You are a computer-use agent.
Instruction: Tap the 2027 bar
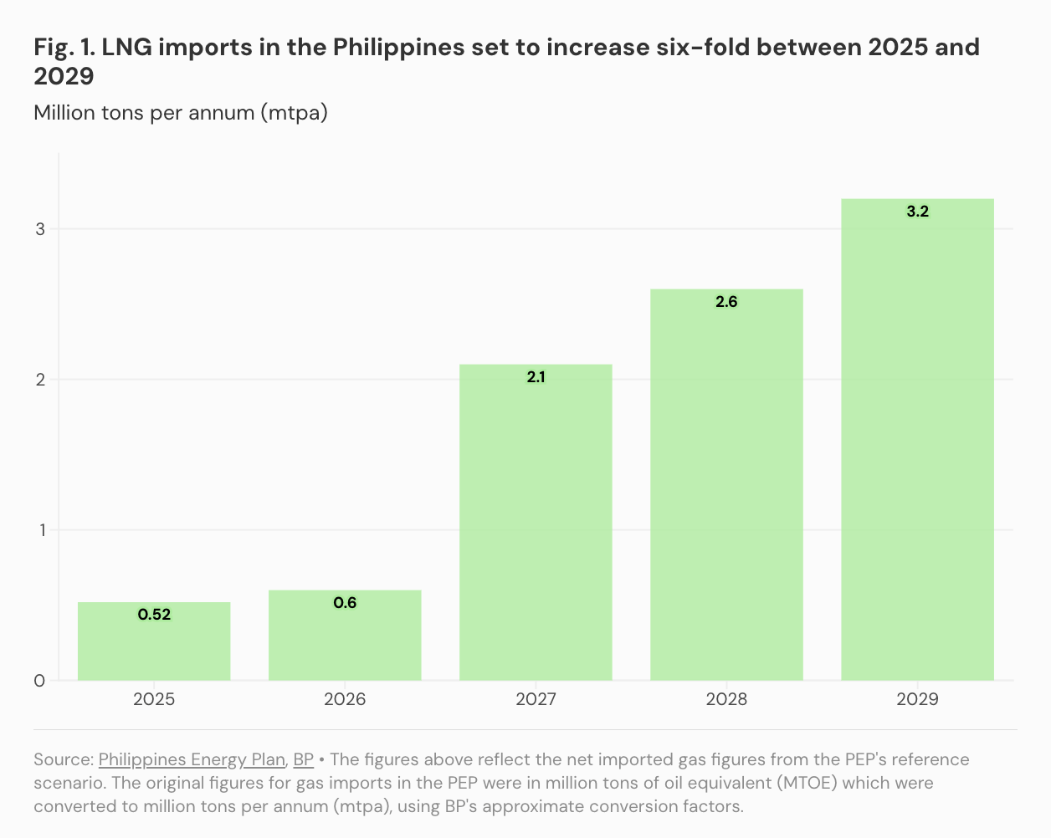tap(536, 527)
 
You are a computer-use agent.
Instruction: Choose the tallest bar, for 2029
tap(917, 443)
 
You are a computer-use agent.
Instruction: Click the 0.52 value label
tap(154, 615)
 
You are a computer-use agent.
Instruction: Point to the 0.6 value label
tap(345, 603)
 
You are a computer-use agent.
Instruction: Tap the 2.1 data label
tap(536, 377)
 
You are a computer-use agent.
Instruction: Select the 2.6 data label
tap(726, 302)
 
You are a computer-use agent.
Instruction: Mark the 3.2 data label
tap(917, 212)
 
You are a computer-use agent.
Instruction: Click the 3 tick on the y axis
tap(40, 229)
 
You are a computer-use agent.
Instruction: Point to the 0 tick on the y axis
tap(40, 681)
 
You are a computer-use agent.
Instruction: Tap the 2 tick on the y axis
tap(40, 380)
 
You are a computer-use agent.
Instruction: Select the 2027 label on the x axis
tap(536, 699)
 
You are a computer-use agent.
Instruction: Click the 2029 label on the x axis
tap(917, 699)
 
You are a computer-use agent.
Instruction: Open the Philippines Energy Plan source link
tap(192, 759)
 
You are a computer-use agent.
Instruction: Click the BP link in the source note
tap(303, 759)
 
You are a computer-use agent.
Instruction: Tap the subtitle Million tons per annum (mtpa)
tap(181, 112)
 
